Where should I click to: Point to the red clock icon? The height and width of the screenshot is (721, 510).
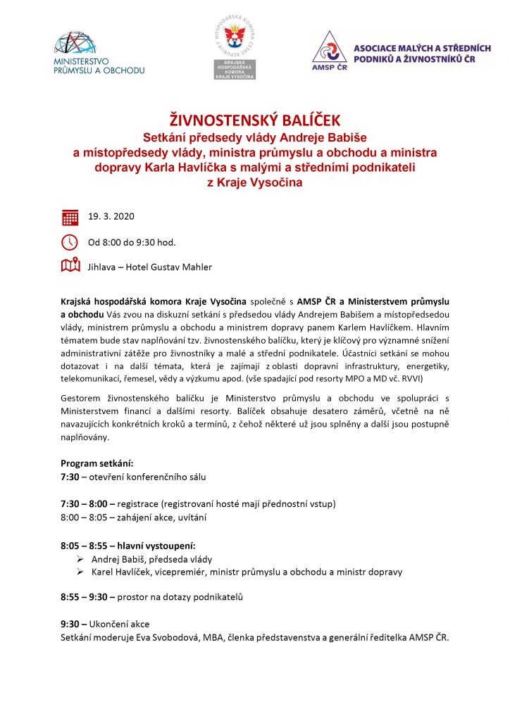[x=70, y=242]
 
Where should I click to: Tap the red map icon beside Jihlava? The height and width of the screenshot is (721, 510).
[x=70, y=266]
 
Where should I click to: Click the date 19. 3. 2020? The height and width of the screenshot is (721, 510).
[x=111, y=216]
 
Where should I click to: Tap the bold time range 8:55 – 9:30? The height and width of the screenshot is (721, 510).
[x=84, y=597]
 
